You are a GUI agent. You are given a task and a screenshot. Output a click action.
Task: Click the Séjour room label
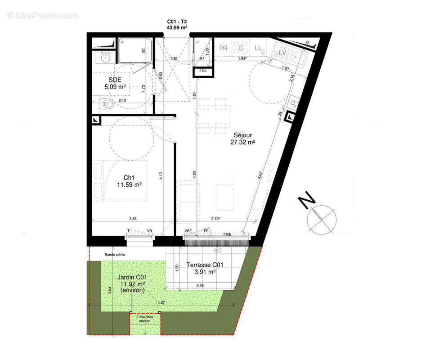(x=242, y=135)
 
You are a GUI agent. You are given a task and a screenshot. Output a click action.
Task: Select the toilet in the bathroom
(x=106, y=104)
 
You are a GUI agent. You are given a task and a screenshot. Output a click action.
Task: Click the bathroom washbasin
(x=106, y=57)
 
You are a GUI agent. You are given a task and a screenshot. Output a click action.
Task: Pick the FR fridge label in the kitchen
(x=223, y=48)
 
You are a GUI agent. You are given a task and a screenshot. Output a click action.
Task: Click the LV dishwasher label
(x=283, y=53)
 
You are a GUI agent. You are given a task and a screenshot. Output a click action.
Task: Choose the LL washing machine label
(x=258, y=48)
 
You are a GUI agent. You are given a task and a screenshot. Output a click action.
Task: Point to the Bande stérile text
(x=115, y=255)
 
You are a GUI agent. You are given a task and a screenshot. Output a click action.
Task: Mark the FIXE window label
(x=227, y=234)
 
